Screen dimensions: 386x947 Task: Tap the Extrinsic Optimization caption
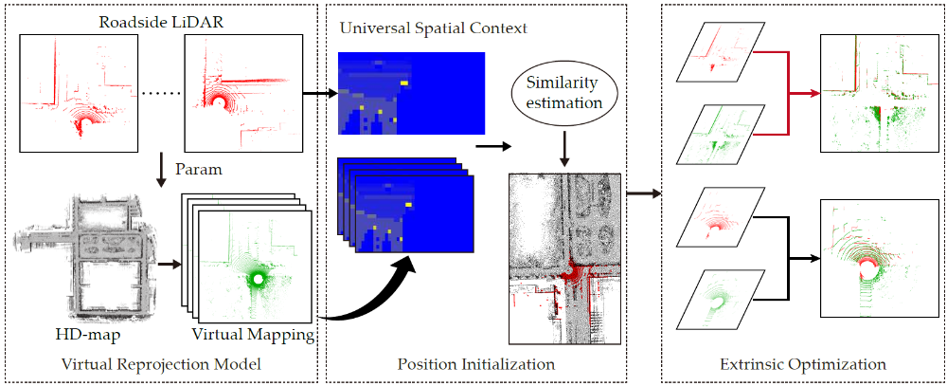(803, 362)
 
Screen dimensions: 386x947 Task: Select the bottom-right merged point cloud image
(872, 256)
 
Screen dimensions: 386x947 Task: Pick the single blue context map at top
(411, 93)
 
